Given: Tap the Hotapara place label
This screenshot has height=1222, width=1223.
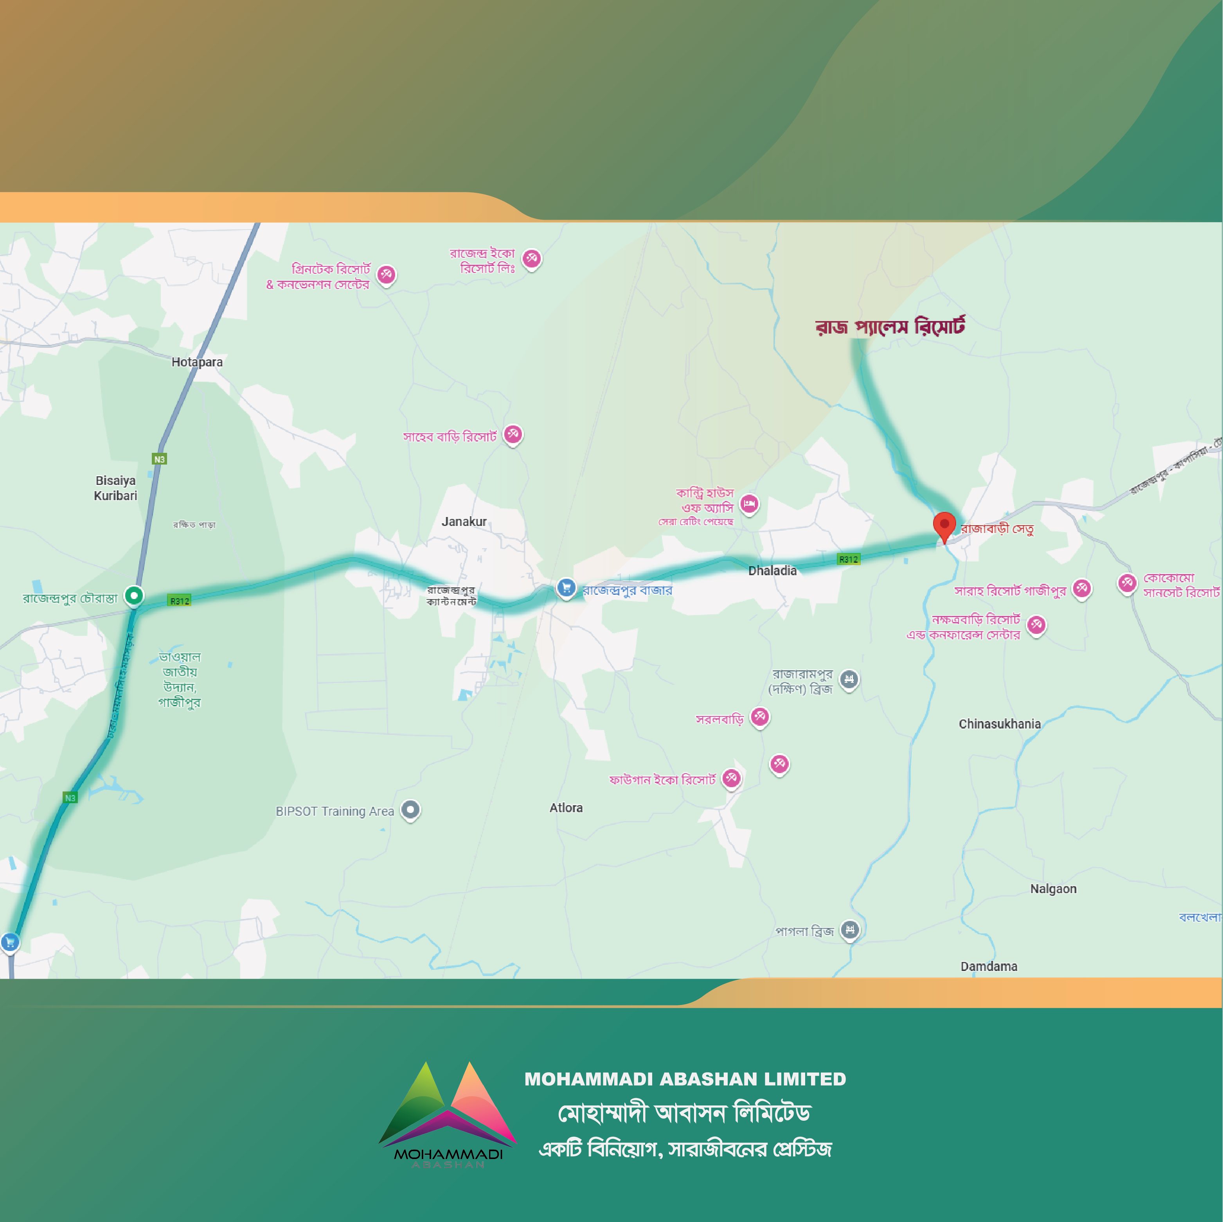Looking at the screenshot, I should pyautogui.click(x=197, y=362).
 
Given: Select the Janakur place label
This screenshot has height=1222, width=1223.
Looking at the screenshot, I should pyautogui.click(x=464, y=522).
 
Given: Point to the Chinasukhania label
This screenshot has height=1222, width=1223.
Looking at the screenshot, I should pyautogui.click(x=1000, y=724).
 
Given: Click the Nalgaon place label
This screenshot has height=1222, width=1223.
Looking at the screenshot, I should pyautogui.click(x=1053, y=888).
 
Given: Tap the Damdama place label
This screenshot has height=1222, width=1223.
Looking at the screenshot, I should pyautogui.click(x=989, y=966).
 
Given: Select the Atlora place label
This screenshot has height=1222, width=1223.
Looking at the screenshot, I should pyautogui.click(x=566, y=807).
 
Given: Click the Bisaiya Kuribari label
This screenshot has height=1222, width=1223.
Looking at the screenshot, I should pyautogui.click(x=115, y=488).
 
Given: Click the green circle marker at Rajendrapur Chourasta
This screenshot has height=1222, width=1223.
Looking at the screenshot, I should pyautogui.click(x=133, y=596).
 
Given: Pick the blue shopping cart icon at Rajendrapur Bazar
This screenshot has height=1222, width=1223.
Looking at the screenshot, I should pyautogui.click(x=566, y=588).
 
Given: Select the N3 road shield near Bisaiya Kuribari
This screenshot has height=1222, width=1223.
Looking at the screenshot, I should pyautogui.click(x=160, y=459).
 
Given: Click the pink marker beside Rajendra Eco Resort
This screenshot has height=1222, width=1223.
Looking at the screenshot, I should pyautogui.click(x=532, y=258).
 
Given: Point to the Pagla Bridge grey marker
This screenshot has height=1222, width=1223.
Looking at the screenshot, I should pyautogui.click(x=849, y=930).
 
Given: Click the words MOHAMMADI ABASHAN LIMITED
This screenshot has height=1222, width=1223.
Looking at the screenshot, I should pyautogui.click(x=685, y=1079).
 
